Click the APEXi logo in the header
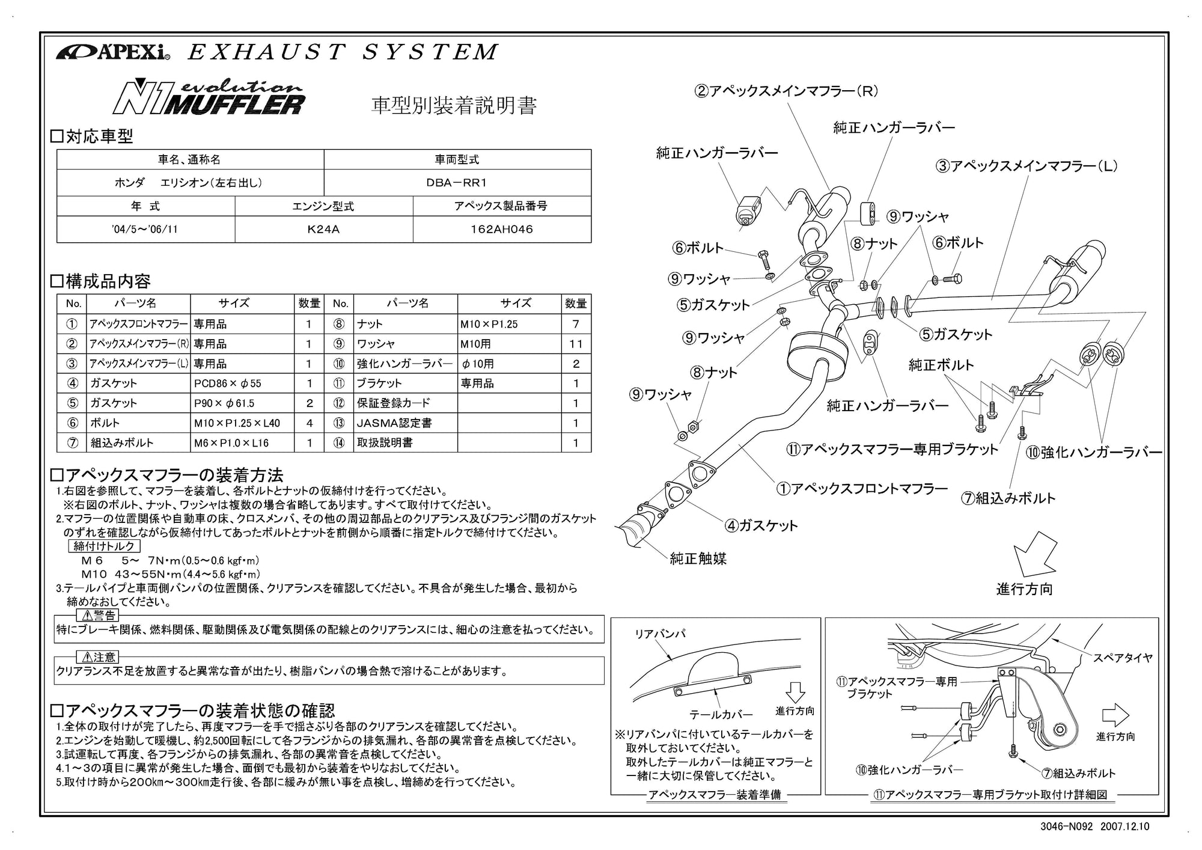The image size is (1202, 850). pyautogui.click(x=113, y=52)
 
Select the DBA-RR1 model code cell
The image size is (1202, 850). pyautogui.click(x=457, y=183)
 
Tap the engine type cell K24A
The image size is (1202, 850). pyautogui.click(x=323, y=229)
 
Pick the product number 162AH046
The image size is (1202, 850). pyautogui.click(x=501, y=229)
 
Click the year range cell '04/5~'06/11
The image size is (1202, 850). pyautogui.click(x=145, y=229)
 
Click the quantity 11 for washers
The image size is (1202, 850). pyautogui.click(x=576, y=344)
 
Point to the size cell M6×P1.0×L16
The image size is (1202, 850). pyautogui.click(x=231, y=442)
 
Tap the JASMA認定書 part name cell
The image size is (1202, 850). pyautogui.click(x=394, y=423)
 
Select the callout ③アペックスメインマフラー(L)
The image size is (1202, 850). pyautogui.click(x=1026, y=166)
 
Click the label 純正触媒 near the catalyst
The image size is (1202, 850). pyautogui.click(x=698, y=558)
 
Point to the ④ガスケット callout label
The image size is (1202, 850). pyautogui.click(x=761, y=525)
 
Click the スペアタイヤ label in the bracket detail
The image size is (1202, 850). pyautogui.click(x=1122, y=658)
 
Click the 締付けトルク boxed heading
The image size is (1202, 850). pyautogui.click(x=105, y=546)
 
